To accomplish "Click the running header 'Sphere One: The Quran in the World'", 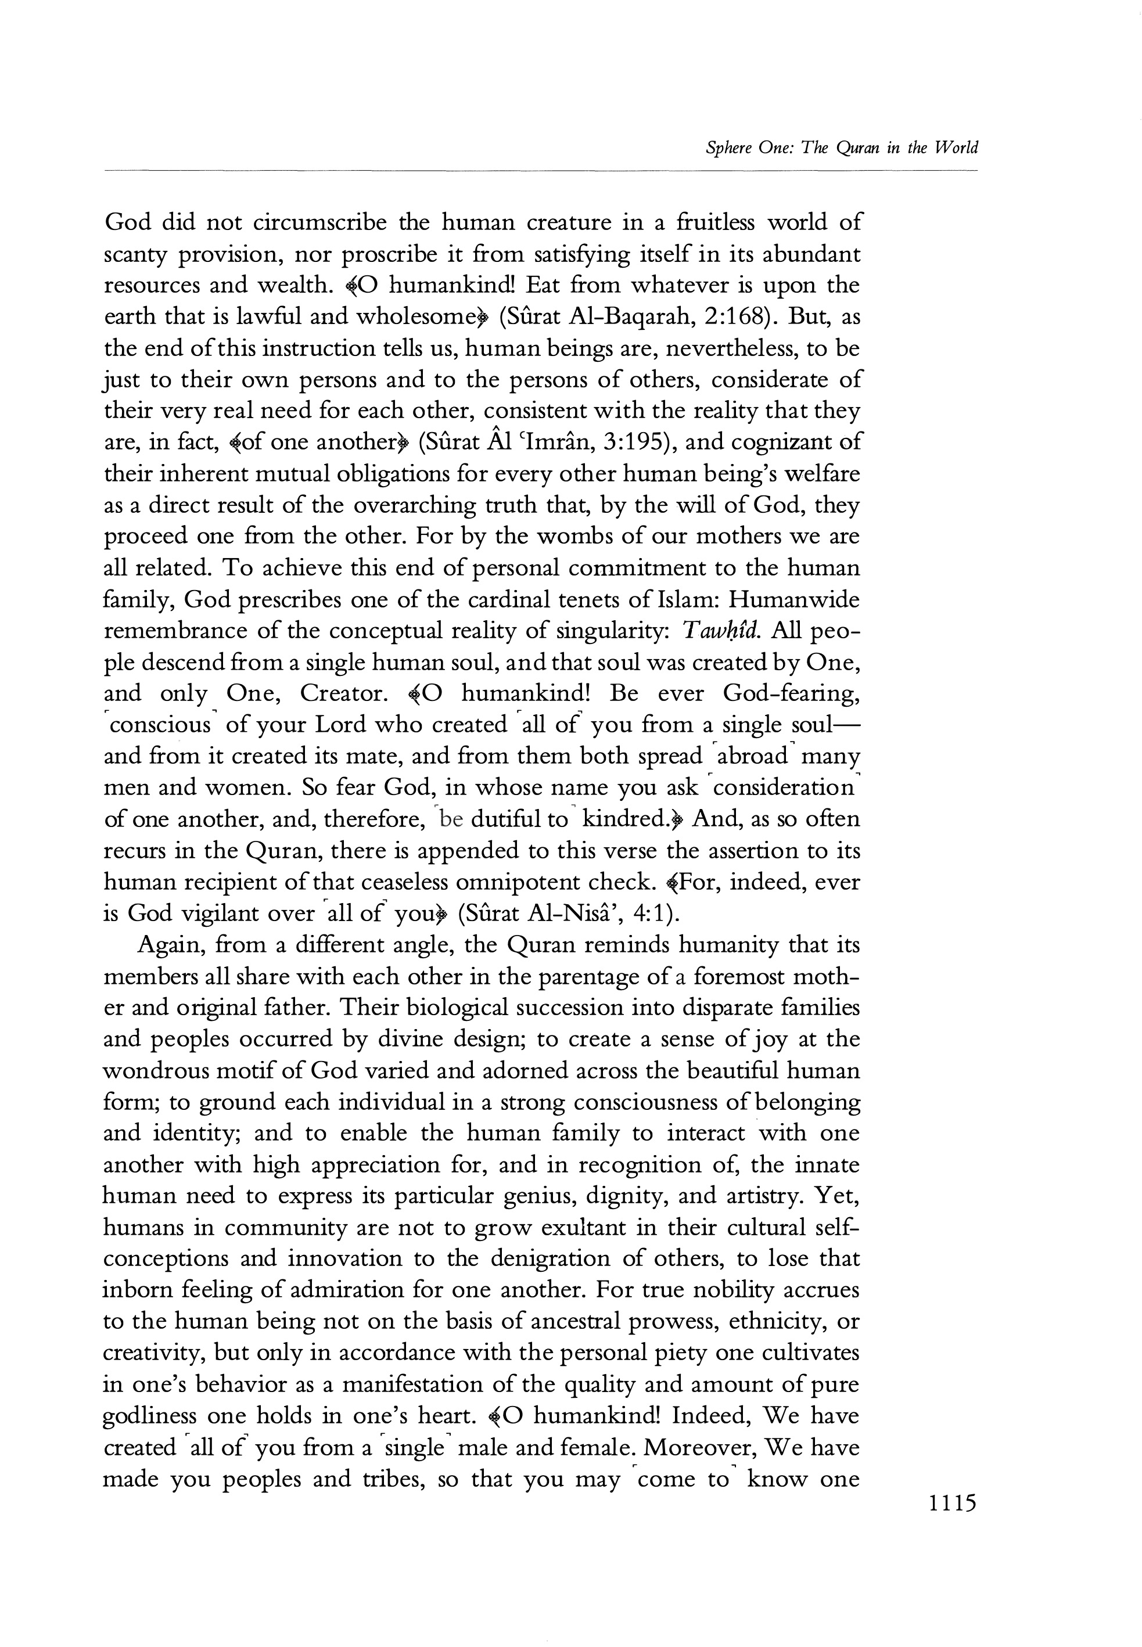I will click(x=842, y=148).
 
